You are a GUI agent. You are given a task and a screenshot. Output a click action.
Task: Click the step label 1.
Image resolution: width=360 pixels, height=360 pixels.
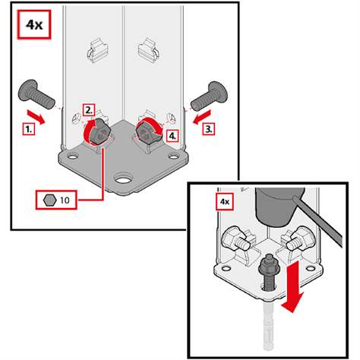coord(29,129)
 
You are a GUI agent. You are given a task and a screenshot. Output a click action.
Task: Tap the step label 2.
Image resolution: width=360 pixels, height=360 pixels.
coord(89,110)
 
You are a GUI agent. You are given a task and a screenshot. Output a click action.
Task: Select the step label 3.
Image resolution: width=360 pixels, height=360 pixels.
coord(209,129)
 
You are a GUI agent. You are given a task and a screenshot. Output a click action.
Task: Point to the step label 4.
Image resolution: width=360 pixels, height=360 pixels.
coord(172,136)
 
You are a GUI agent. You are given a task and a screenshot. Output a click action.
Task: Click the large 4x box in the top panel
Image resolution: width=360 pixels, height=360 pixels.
coord(34,25)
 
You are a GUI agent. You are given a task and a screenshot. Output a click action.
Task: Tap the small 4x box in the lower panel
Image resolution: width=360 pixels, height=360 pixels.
coord(225,201)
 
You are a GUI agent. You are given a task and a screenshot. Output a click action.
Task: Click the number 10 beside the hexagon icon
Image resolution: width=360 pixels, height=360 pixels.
coord(65,201)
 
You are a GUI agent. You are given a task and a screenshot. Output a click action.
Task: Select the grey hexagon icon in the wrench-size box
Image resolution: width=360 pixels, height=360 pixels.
coord(49,201)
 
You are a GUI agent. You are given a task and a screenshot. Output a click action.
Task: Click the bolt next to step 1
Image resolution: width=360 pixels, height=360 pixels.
coord(36,94)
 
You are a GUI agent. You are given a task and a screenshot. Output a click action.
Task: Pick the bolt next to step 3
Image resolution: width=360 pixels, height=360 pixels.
coord(210,96)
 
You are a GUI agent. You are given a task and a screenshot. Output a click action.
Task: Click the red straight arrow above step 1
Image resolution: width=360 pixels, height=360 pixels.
coord(36,117)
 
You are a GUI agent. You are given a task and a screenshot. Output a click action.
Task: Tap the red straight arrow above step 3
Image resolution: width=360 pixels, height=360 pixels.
coord(202,117)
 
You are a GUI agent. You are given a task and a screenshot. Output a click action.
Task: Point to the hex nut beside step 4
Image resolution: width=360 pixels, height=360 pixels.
coord(148,133)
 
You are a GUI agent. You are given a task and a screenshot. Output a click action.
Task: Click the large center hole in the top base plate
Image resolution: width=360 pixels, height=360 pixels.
coord(123,179)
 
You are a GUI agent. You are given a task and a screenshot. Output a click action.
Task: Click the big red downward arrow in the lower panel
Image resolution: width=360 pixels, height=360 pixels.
coord(294,286)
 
